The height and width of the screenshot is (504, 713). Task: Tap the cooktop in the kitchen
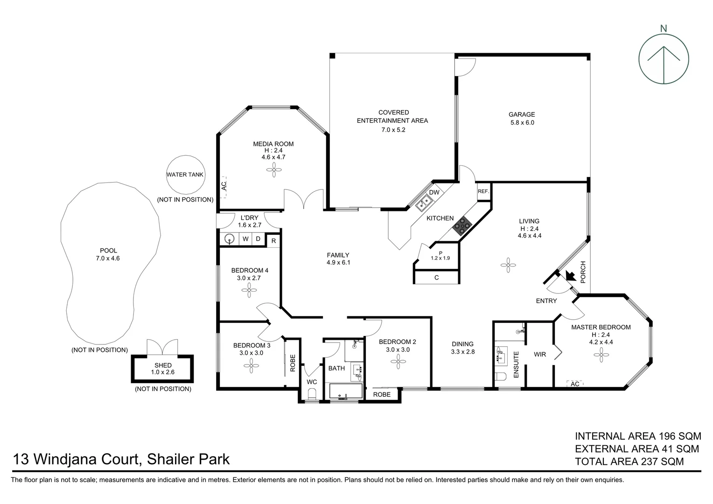click(462, 226)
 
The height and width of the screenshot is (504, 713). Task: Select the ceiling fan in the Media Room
click(274, 170)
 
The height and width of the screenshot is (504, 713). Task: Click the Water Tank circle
click(186, 175)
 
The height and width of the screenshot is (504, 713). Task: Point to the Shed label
click(163, 365)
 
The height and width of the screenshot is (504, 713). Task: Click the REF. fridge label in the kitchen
click(483, 191)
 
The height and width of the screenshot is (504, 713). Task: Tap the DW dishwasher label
click(434, 192)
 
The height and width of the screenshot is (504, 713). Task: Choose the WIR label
click(540, 354)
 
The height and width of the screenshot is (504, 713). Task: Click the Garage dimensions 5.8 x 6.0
click(522, 123)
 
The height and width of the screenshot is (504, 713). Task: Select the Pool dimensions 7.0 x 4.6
click(108, 258)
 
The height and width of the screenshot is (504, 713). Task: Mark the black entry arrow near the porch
click(571, 275)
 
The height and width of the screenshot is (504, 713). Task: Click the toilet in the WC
click(312, 395)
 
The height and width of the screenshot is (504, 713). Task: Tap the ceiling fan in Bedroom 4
click(249, 290)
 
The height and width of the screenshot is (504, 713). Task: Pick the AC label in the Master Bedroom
click(575, 384)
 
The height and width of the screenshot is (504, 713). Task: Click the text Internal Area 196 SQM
click(638, 436)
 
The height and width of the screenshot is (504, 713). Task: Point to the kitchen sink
click(424, 203)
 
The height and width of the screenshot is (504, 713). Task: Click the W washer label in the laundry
click(245, 239)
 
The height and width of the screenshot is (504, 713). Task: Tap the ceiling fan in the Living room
click(508, 265)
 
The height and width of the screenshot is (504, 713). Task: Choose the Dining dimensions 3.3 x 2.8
click(463, 352)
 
